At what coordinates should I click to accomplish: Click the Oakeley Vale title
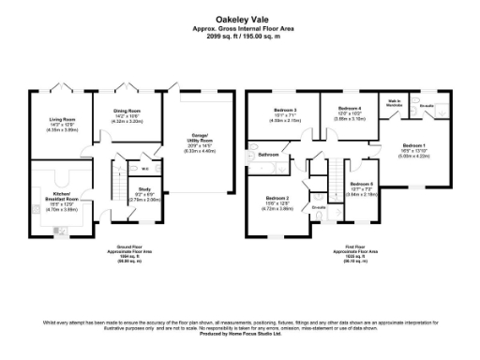click(239, 16)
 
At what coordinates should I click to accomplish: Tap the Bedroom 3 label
click(286, 112)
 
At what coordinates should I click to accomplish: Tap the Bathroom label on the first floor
click(270, 155)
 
